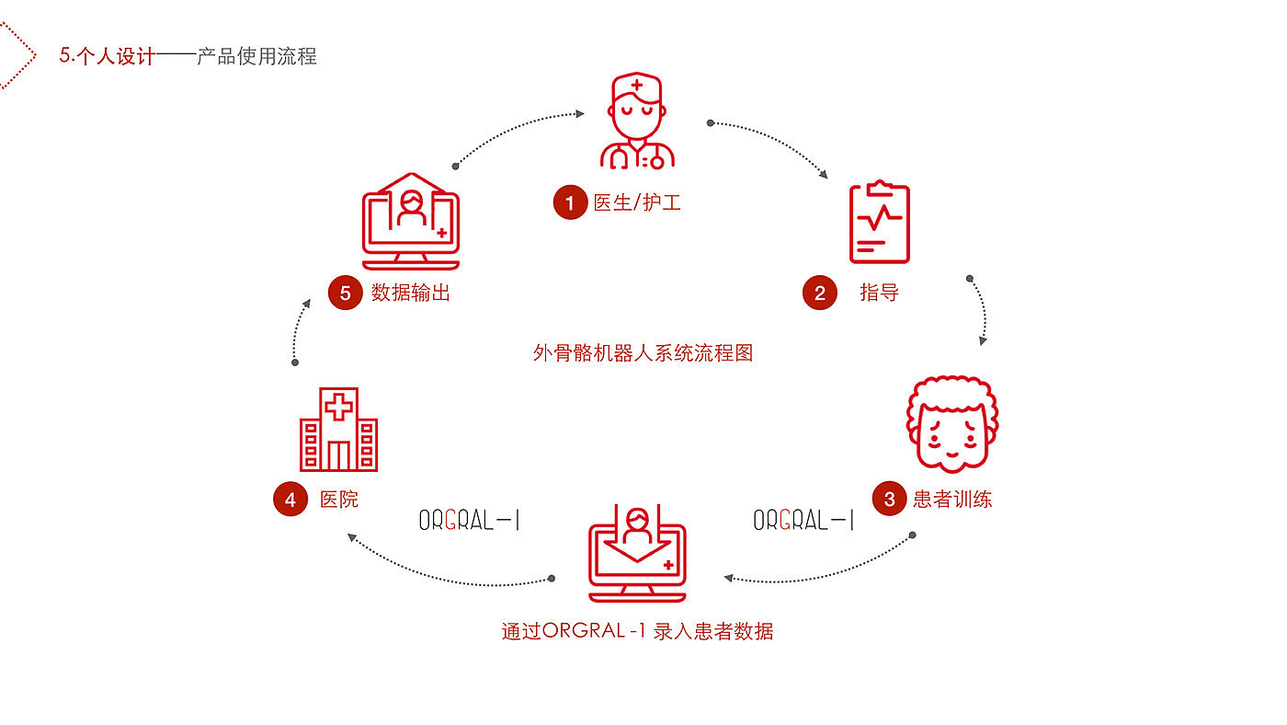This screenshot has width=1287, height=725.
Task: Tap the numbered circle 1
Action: [570, 202]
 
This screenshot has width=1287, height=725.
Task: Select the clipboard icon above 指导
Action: [879, 222]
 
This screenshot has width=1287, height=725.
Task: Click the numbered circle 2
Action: [820, 293]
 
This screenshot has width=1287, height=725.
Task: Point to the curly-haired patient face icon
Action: [952, 422]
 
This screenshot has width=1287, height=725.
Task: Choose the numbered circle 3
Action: [889, 500]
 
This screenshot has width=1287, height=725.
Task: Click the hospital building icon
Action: [339, 430]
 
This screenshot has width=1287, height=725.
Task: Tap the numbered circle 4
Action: [290, 500]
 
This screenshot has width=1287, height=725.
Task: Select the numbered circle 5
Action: [346, 293]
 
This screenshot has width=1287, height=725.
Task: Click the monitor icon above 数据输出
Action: [411, 219]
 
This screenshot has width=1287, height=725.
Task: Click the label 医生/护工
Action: [637, 202]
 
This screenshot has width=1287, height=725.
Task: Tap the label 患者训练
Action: [952, 500]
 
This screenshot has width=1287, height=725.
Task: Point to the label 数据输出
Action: [411, 293]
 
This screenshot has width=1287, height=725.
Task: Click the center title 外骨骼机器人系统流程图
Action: [643, 352]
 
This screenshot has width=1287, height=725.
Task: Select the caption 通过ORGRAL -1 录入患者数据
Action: [637, 631]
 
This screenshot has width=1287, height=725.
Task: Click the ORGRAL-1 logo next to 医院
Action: [470, 521]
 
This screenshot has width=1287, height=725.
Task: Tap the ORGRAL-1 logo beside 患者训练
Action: [803, 521]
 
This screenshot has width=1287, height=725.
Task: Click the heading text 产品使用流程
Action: [256, 56]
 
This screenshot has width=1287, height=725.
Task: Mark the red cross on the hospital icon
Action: [339, 406]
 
